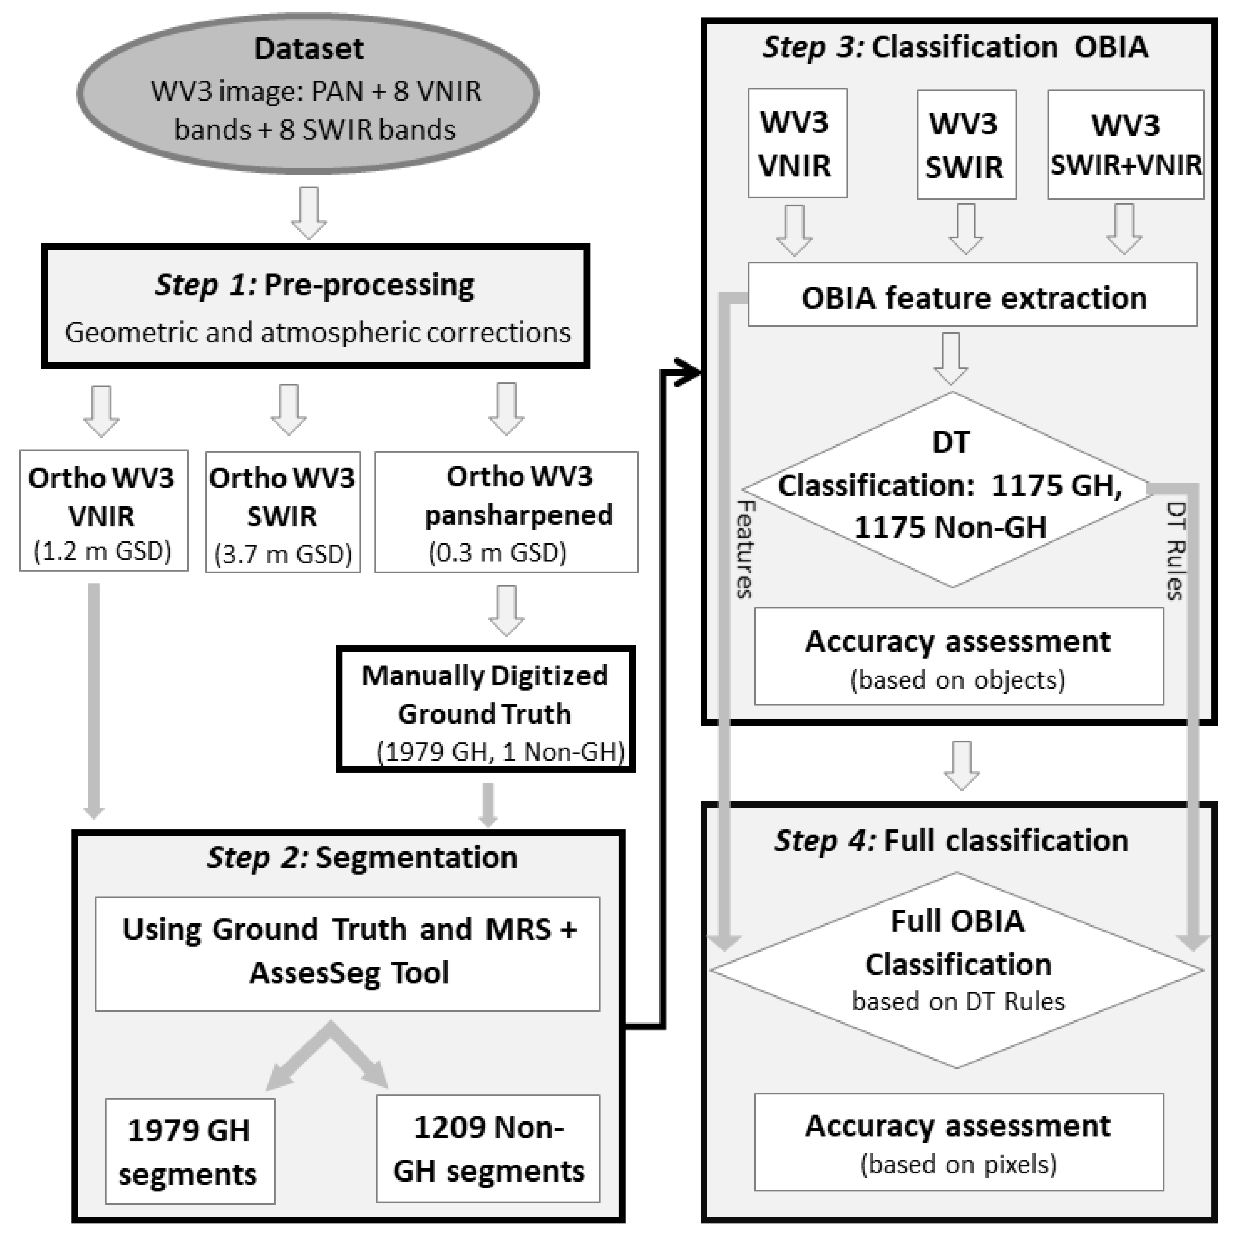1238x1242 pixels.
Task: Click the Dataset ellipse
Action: pos(309,93)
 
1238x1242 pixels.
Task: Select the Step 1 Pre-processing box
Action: pos(315,306)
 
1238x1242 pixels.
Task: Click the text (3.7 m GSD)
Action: pos(283,554)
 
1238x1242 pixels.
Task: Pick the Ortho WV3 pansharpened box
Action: pos(507,512)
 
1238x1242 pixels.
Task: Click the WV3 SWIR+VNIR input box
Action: pos(1125,145)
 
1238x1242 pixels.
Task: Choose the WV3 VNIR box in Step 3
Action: pos(797,143)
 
